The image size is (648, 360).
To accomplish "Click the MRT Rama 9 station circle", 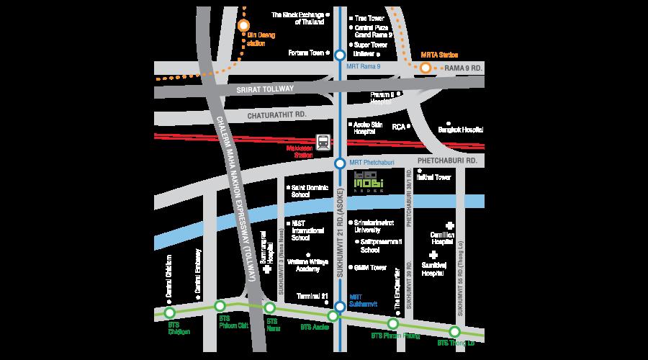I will (340, 55).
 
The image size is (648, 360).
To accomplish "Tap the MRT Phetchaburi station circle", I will (340, 163).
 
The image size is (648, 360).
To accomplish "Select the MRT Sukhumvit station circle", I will (340, 307).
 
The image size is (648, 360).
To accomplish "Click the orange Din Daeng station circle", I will (243, 25).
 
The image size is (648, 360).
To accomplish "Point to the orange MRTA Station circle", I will (426, 68).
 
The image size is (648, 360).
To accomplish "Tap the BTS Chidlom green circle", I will (170, 312).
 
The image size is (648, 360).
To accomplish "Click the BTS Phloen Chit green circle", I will (220, 306).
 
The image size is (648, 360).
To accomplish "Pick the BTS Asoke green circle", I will (333, 316).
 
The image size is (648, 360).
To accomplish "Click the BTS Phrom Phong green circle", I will (393, 324).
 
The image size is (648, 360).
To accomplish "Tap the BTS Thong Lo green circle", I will (454, 331).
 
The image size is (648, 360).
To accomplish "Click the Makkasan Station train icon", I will (324, 142).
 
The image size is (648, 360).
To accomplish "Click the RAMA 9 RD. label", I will (462, 68).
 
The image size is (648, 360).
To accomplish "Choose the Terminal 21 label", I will (313, 296).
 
